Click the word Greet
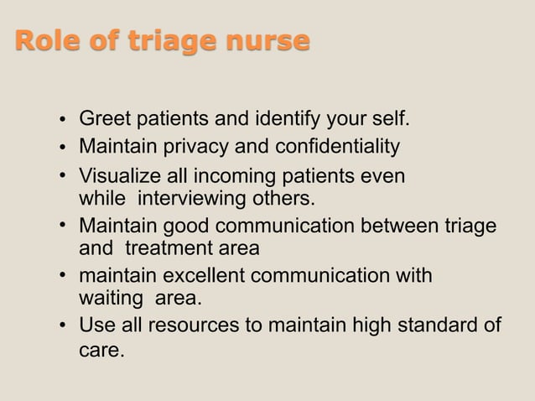coord(105,119)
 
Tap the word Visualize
coord(118,177)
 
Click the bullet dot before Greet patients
coord(64,120)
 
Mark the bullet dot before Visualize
coord(64,178)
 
